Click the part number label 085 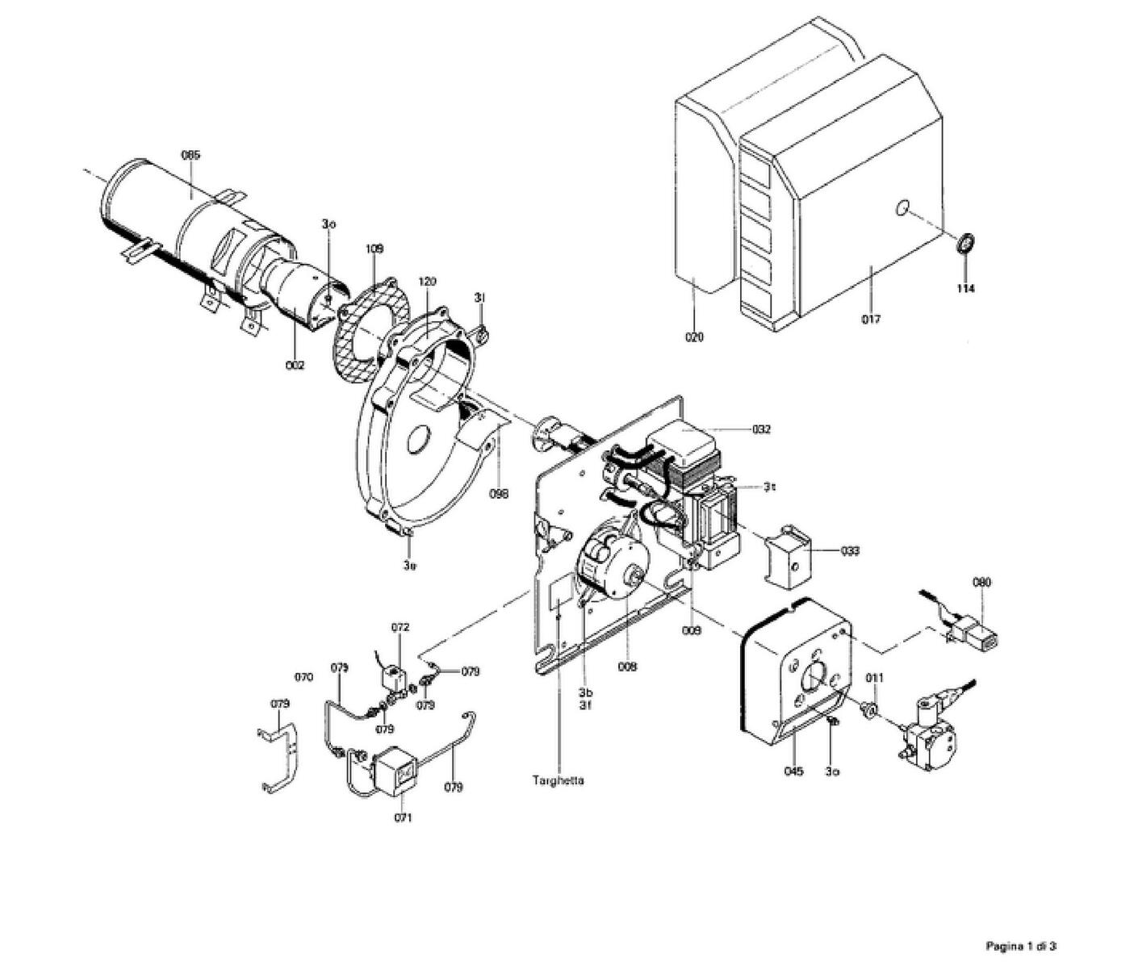pos(190,154)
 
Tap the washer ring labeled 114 pos(964,243)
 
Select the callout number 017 pos(870,319)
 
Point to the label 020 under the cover pos(694,337)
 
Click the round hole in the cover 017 pos(901,209)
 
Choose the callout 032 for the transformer pos(760,429)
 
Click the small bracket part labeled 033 pos(788,557)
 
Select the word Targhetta pos(558,780)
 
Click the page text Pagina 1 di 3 pos(1021,945)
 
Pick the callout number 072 pos(400,627)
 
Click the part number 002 pos(295,366)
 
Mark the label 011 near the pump pos(875,678)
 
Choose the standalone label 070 pos(303,678)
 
